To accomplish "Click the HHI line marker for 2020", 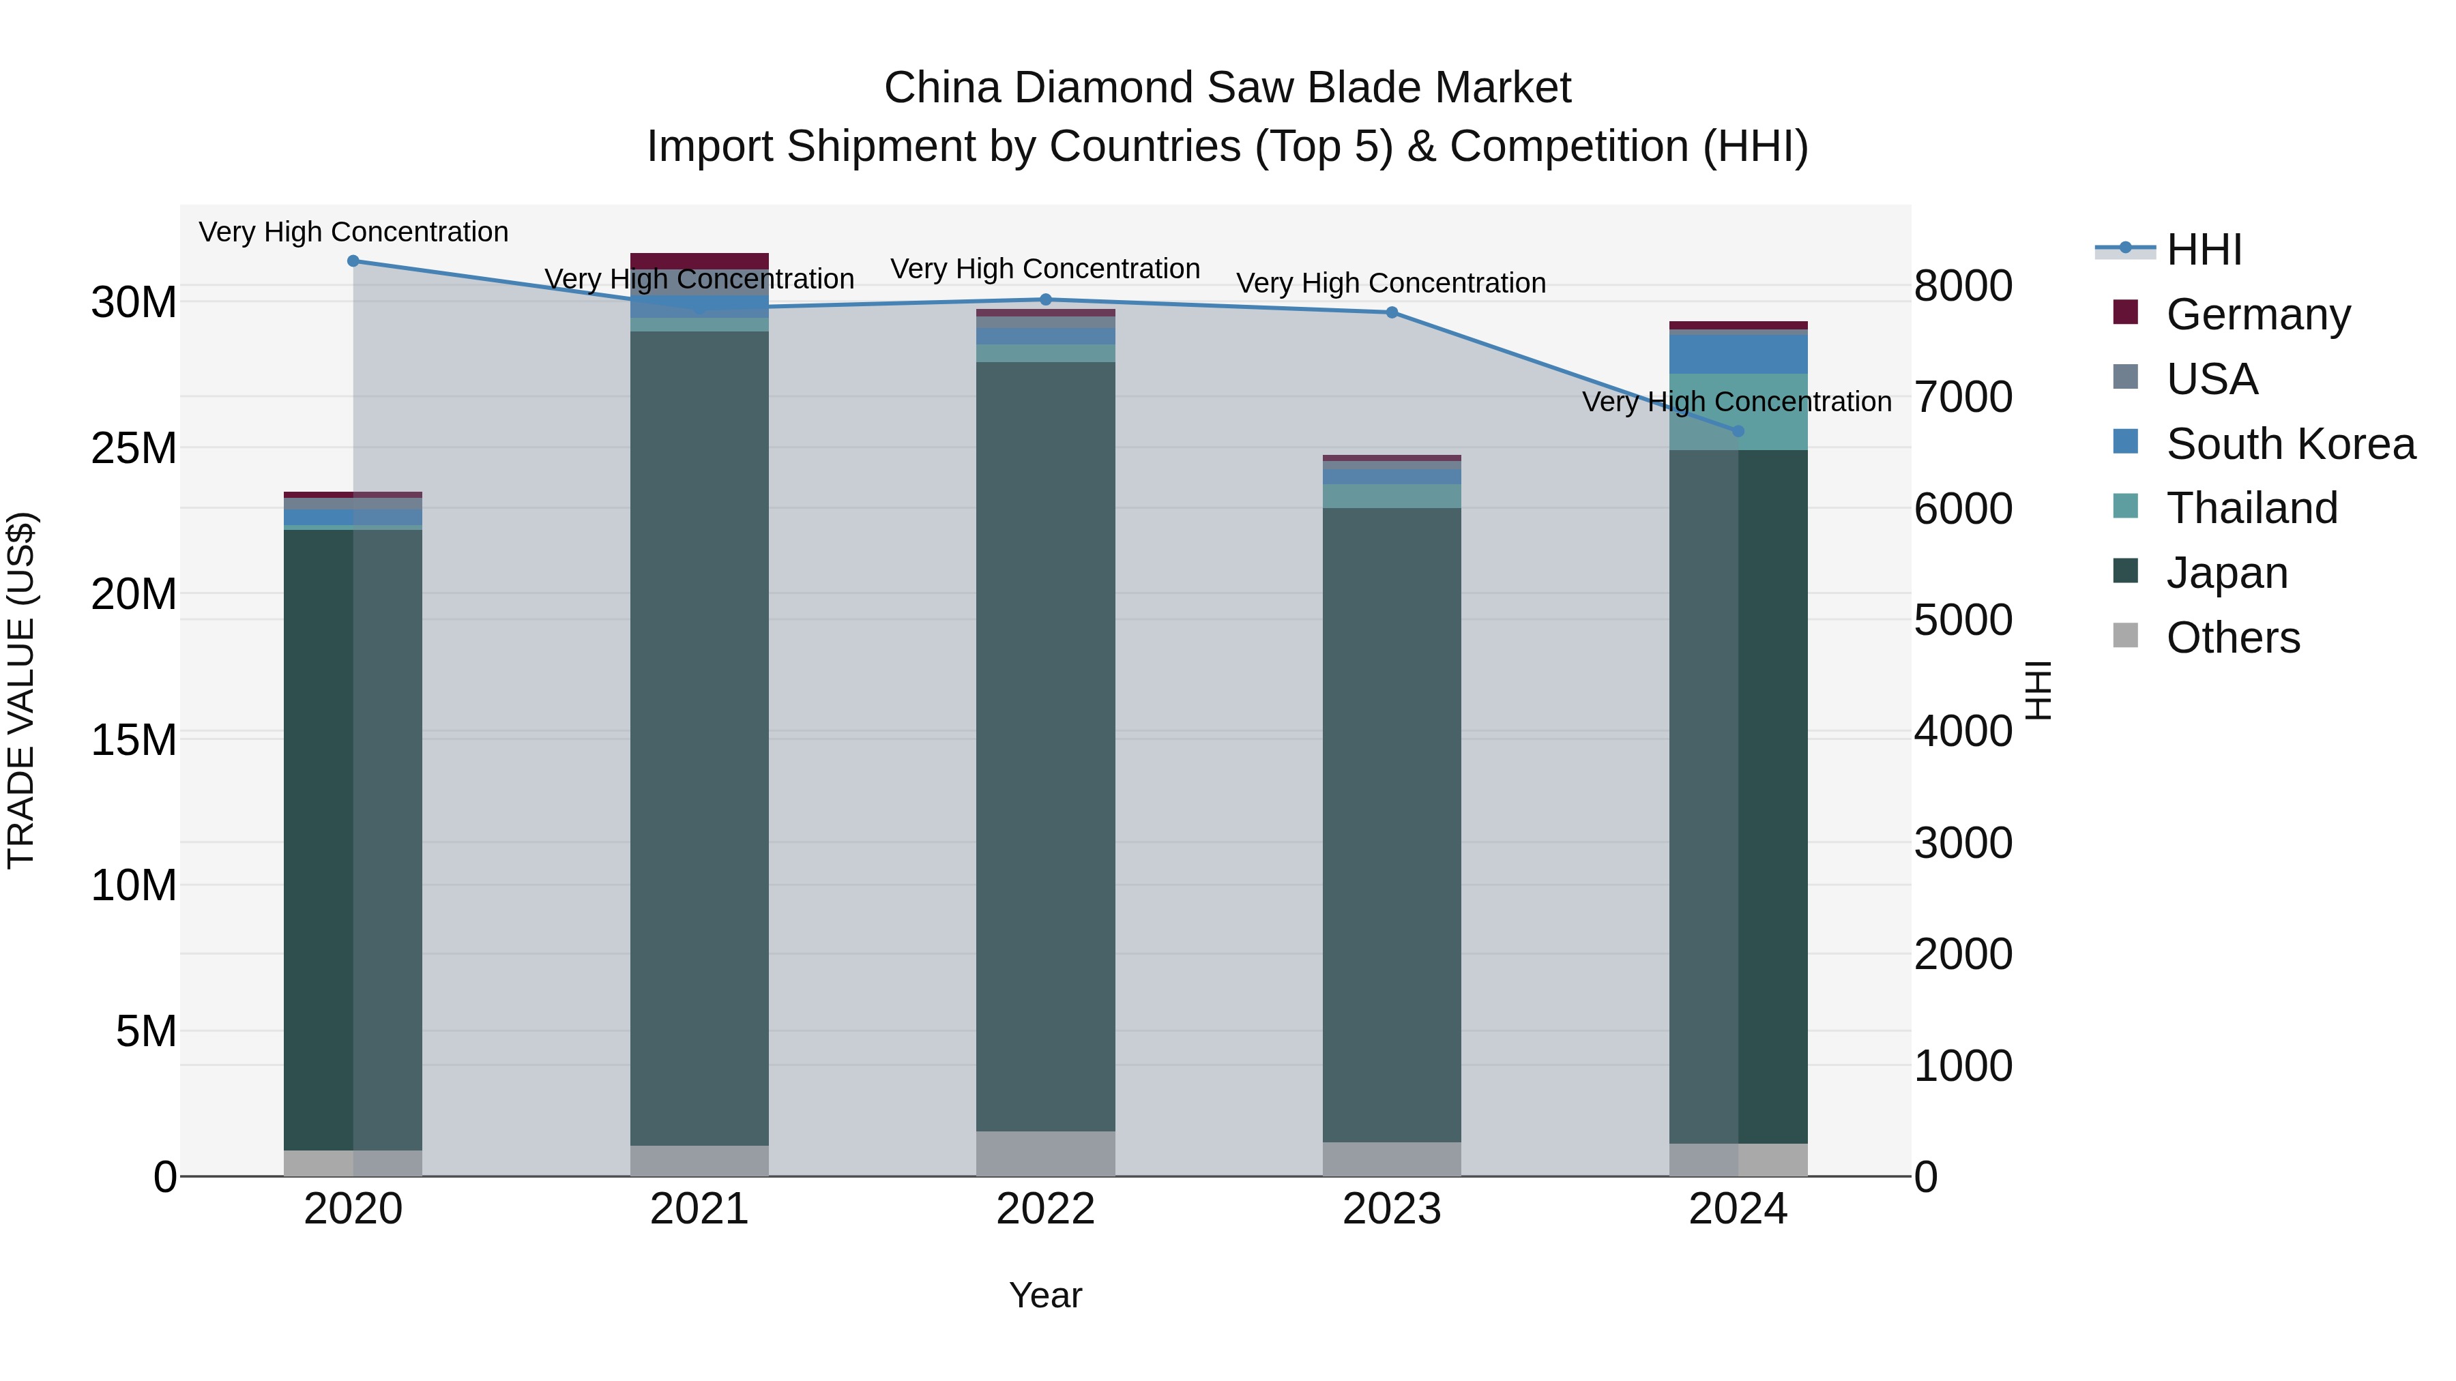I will point(353,261).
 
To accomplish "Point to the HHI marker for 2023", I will point(1391,312).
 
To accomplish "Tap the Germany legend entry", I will point(2257,314).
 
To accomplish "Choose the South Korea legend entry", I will point(2290,444).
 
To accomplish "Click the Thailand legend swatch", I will point(2125,506).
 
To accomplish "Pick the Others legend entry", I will point(2232,638).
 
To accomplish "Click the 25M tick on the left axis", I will point(134,448).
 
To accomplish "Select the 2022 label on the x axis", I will point(1045,1209).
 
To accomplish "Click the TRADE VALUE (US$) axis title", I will point(22,690).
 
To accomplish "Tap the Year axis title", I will point(1045,1295).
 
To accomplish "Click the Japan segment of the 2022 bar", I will point(1045,743).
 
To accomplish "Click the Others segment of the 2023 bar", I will point(1391,1159).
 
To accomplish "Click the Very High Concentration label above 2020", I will point(353,232).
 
